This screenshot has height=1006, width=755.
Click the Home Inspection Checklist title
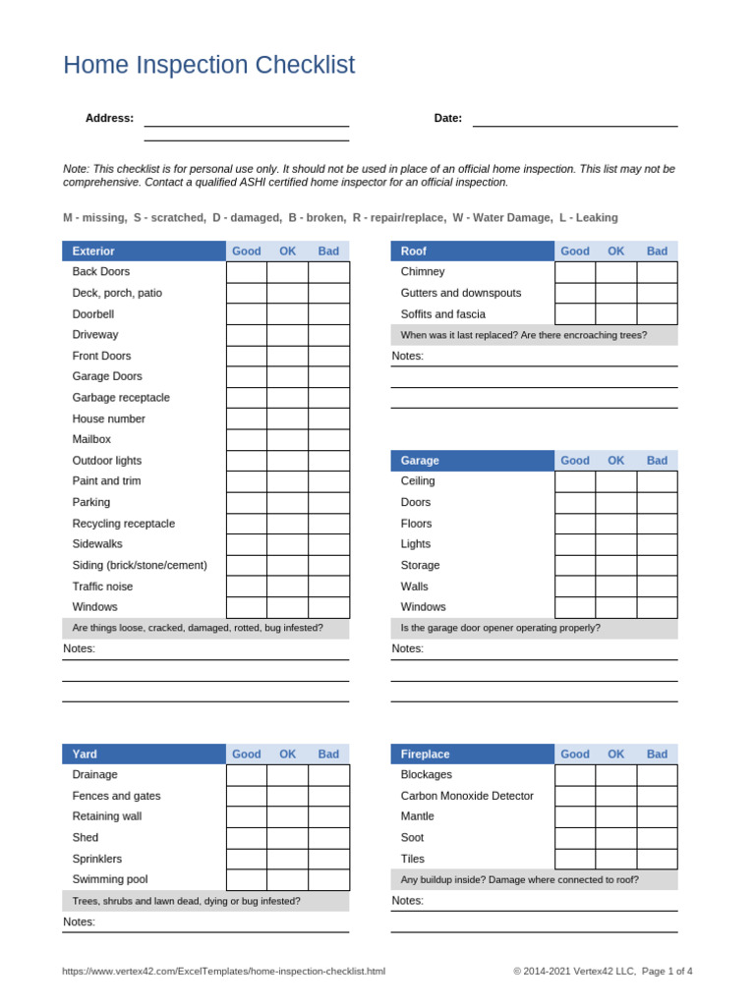click(208, 66)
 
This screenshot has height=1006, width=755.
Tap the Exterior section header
click(144, 251)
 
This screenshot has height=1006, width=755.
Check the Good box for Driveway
click(247, 335)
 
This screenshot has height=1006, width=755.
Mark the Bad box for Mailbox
click(328, 440)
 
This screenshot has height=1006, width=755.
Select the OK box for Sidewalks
click(287, 544)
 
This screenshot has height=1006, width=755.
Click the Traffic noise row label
click(102, 587)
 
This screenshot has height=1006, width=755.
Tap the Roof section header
click(472, 251)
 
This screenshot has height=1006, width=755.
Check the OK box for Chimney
click(615, 272)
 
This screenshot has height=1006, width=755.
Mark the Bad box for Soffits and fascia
click(657, 314)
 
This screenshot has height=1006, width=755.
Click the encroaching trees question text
click(523, 335)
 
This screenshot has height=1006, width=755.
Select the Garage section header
click(472, 461)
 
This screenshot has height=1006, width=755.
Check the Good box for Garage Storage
click(575, 566)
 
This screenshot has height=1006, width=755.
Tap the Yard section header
click(144, 754)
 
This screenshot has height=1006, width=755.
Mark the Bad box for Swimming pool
click(328, 880)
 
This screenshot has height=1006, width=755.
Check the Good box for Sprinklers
click(247, 859)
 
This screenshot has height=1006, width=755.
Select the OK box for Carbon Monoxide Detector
click(615, 796)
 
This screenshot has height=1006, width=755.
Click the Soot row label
click(413, 838)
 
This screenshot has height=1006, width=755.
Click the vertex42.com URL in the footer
click(224, 972)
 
